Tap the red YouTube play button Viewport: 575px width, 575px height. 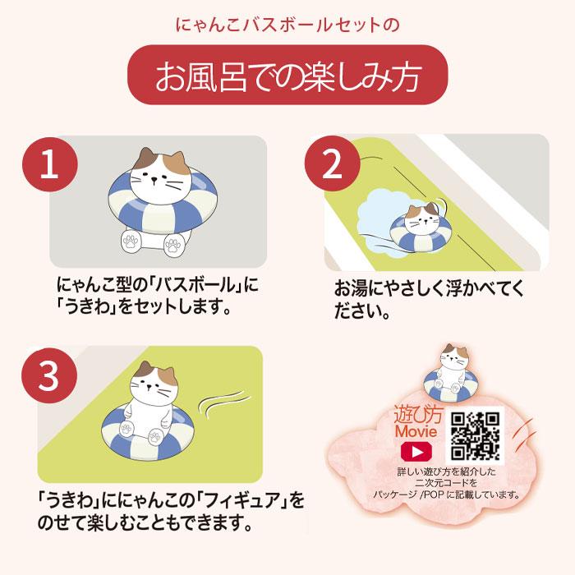coord(416,453)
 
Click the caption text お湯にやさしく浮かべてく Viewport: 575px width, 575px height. coord(428,292)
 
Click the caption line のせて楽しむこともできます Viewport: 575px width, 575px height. coord(143,522)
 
